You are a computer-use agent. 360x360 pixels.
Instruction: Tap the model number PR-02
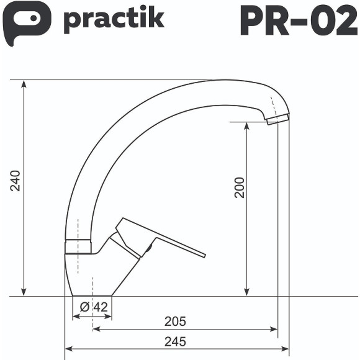[x=299, y=21]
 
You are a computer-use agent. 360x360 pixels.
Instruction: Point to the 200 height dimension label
[x=240, y=187]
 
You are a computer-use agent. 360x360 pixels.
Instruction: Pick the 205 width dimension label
[x=175, y=321]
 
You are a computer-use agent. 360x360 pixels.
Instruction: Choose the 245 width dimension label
[x=175, y=341]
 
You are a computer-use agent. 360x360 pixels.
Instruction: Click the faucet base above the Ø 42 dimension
[x=92, y=282]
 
